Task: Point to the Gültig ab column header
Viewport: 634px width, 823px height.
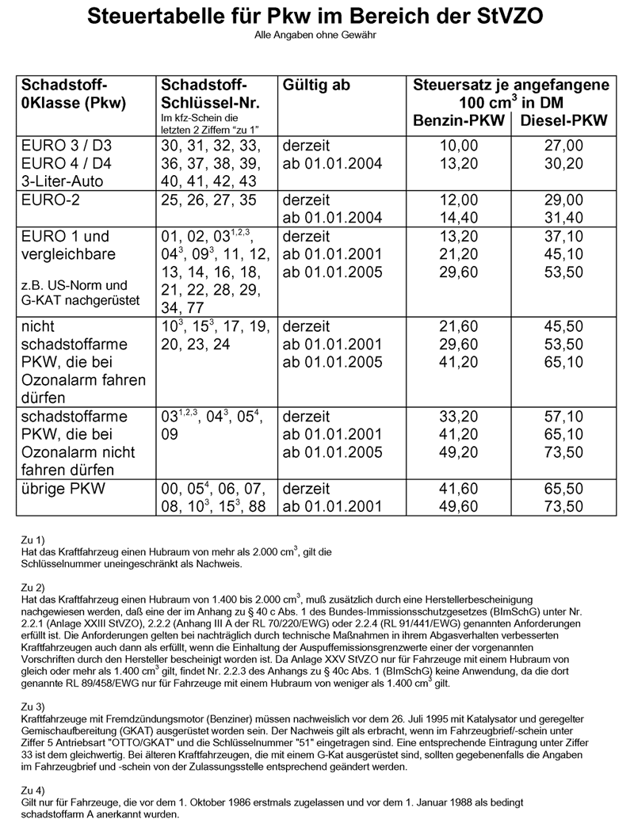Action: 315,85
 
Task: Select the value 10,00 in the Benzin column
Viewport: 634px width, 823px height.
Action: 459,146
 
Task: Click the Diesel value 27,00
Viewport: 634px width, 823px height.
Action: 563,146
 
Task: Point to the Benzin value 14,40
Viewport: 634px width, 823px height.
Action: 459,219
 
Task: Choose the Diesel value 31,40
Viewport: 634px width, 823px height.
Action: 563,219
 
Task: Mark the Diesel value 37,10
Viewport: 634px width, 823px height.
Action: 563,237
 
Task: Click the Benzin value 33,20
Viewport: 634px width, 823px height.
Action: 459,417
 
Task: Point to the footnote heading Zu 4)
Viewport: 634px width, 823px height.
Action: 32,790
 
